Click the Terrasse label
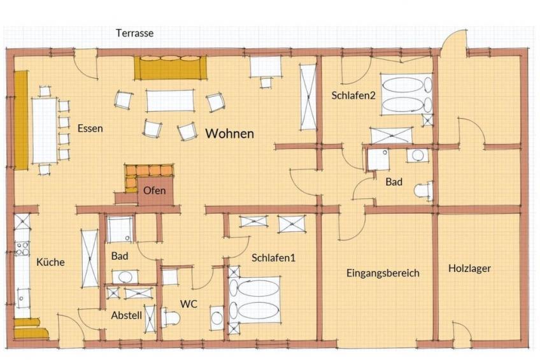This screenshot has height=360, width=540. pyautogui.click(x=134, y=33)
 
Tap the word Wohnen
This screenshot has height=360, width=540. pyautogui.click(x=230, y=133)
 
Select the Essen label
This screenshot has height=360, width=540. pyautogui.click(x=90, y=129)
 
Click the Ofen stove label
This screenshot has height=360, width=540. pyautogui.click(x=154, y=191)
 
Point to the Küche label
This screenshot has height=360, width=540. pyautogui.click(x=51, y=262)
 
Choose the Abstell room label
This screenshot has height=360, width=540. pyautogui.click(x=126, y=315)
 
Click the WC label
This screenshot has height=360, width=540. pyautogui.click(x=188, y=304)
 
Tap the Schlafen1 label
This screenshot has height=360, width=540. pyautogui.click(x=273, y=257)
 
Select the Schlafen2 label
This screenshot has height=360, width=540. pyautogui.click(x=353, y=96)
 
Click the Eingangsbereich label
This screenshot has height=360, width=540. pyautogui.click(x=383, y=273)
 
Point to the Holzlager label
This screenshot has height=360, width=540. pyautogui.click(x=469, y=268)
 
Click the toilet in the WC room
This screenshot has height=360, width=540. pyautogui.click(x=171, y=317)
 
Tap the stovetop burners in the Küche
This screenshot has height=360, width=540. pyautogui.click(x=22, y=249)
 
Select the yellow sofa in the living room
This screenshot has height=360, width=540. pyautogui.click(x=171, y=68)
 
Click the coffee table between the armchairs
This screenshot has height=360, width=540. pyautogui.click(x=170, y=101)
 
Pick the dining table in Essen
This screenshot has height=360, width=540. pyautogui.click(x=45, y=131)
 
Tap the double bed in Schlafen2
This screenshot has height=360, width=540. pyautogui.click(x=406, y=94)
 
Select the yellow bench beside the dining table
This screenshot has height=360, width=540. pyautogui.click(x=21, y=120)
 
